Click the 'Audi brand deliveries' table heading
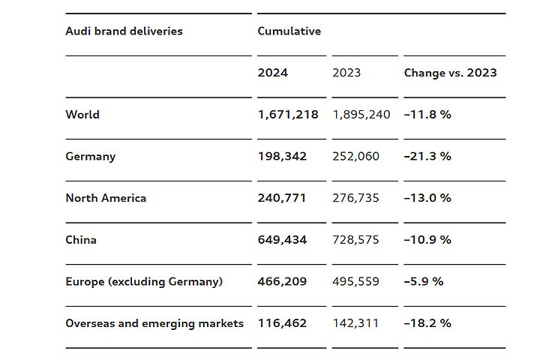coord(124,31)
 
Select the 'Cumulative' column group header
coord(289,31)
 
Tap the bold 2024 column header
coord(272,73)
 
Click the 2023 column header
coord(346,73)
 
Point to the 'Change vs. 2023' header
coord(450,73)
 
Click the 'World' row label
coord(82,115)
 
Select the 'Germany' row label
coord(91,157)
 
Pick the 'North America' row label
coord(106,198)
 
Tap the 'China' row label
coord(81,240)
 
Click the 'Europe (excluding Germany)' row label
coord(144,282)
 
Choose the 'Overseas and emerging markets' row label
coord(154,323)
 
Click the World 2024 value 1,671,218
coord(288,115)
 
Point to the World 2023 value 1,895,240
coord(361,115)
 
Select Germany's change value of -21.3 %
coord(427,157)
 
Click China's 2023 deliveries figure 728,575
coord(356,240)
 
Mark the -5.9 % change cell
coord(424,282)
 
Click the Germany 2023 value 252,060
coord(356,157)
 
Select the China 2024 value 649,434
coord(282,240)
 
